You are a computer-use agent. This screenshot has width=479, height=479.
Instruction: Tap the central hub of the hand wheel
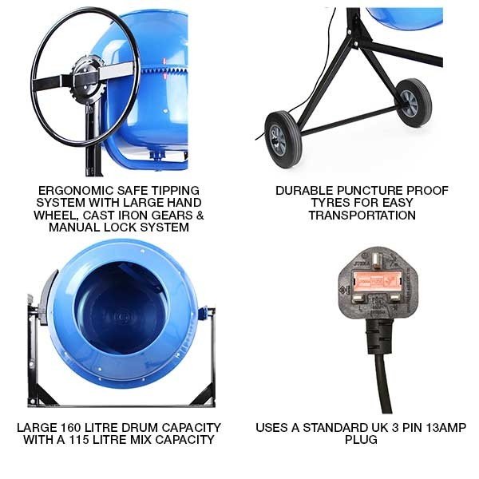tap(86, 76)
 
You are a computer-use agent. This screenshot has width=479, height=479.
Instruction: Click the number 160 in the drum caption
tap(70, 428)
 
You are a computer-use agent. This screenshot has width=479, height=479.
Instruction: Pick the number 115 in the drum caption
tap(79, 440)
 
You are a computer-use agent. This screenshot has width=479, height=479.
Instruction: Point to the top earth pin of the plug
tap(377, 259)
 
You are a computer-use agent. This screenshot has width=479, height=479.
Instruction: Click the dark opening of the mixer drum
tap(121, 307)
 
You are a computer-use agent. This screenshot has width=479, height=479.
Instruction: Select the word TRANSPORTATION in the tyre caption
tap(362, 215)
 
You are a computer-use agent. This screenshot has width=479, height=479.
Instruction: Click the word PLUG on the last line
tap(361, 440)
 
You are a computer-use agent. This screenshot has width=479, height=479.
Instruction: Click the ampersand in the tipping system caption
tap(200, 215)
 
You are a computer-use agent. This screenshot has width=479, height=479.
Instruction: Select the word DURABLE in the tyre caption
tap(305, 191)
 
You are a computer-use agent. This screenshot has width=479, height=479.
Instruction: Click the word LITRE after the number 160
tap(101, 428)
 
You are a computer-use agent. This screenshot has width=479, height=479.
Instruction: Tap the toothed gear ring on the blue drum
tap(164, 71)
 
